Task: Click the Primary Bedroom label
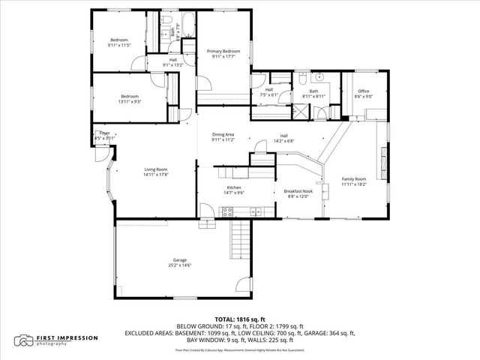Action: pyautogui.click(x=223, y=51)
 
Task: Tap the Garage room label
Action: pyautogui.click(x=179, y=259)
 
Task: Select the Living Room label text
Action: pyautogui.click(x=156, y=169)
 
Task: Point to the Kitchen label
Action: pyautogui.click(x=234, y=188)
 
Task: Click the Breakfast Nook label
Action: pyautogui.click(x=298, y=191)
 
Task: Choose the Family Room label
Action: pyautogui.click(x=354, y=179)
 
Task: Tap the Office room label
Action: pyautogui.click(x=363, y=91)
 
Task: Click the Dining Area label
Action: pyautogui.click(x=223, y=134)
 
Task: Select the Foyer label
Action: pyautogui.click(x=97, y=133)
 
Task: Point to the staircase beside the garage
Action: pyautogui.click(x=239, y=239)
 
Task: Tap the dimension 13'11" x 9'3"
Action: pyautogui.click(x=131, y=101)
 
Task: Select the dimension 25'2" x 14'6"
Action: pyautogui.click(x=179, y=265)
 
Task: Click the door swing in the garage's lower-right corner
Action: pyautogui.click(x=241, y=285)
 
